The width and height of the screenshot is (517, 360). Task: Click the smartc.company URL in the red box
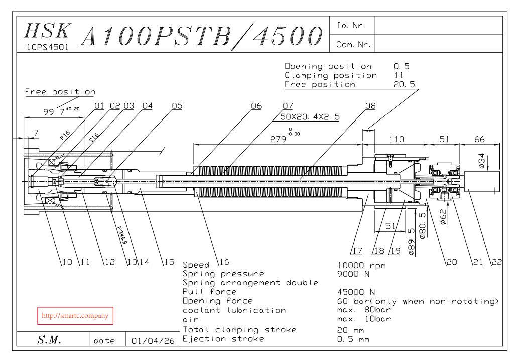pyautogui.click(x=75, y=316)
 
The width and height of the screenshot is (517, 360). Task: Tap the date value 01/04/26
pyautogui.click(x=153, y=341)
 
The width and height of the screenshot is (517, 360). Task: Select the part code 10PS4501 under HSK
pyautogui.click(x=48, y=47)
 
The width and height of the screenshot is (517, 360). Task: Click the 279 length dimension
pyautogui.click(x=278, y=139)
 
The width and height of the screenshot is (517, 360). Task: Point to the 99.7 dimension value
pyautogui.click(x=54, y=112)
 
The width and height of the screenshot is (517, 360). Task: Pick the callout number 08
pyautogui.click(x=370, y=106)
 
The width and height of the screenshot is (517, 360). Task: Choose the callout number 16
pyautogui.click(x=224, y=262)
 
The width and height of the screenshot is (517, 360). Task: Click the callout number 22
pyautogui.click(x=496, y=262)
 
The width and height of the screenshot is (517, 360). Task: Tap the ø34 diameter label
pyautogui.click(x=482, y=161)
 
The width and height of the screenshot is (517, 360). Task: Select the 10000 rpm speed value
pyautogui.click(x=361, y=266)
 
